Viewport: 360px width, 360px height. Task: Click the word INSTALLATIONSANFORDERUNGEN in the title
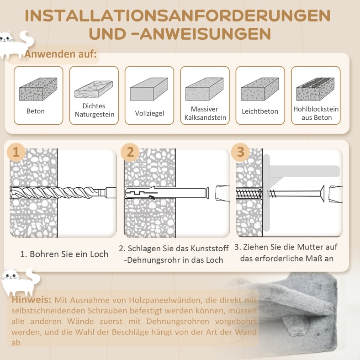177,16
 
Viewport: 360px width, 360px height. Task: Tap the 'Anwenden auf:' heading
61,54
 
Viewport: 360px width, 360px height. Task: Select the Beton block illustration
38,89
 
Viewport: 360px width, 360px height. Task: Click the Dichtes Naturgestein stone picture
94,89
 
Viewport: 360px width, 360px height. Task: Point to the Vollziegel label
149,113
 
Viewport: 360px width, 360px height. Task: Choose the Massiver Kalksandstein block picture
204,89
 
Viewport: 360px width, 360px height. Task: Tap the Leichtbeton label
260,111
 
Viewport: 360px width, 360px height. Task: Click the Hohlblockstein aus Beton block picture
315,89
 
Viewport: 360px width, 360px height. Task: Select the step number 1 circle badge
16,152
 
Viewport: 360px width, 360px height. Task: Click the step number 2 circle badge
130,152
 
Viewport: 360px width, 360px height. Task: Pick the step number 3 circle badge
240,152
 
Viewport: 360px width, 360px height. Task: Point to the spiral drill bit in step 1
63,193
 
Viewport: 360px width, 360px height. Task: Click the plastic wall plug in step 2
166,193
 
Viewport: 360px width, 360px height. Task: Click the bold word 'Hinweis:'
32,300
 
